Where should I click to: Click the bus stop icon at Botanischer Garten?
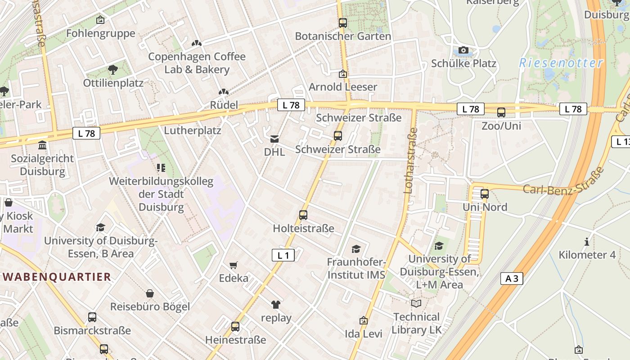[343, 23]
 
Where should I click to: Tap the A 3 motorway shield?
[512, 279]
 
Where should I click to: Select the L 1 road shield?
[283, 256]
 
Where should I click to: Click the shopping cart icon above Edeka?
[233, 265]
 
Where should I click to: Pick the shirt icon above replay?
[276, 305]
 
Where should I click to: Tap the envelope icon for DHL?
[274, 139]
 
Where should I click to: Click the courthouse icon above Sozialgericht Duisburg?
[42, 145]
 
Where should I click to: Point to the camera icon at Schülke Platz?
[463, 50]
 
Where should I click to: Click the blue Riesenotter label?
[561, 63]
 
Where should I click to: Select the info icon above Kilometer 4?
[586, 242]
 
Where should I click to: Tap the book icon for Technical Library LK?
[416, 304]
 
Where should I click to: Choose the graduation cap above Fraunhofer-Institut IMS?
[356, 249]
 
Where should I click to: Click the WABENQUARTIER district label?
[57, 276]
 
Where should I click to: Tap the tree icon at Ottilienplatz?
[112, 70]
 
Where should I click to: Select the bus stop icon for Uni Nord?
[485, 194]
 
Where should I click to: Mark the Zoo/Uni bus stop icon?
[501, 112]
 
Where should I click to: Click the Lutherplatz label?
[193, 130]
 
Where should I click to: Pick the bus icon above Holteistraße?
[303, 215]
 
